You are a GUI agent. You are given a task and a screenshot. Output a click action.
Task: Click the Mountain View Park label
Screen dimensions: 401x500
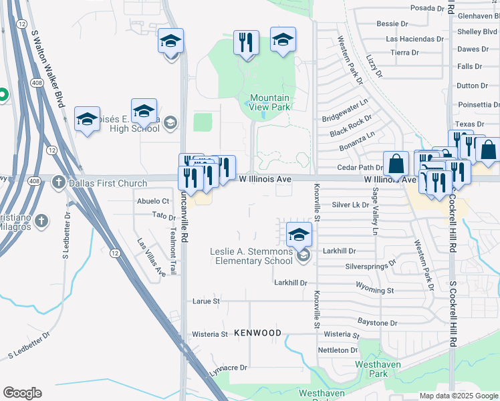click(x=270, y=102)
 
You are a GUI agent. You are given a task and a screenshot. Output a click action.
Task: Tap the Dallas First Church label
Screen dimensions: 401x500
click(x=98, y=182)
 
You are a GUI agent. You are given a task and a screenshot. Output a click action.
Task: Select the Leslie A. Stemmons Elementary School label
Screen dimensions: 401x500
click(x=251, y=256)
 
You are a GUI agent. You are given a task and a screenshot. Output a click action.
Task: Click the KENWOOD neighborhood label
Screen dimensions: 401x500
click(x=258, y=333)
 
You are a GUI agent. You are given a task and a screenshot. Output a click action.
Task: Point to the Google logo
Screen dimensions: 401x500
click(x=22, y=393)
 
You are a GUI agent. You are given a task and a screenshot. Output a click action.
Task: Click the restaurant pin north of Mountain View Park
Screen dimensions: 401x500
click(x=246, y=43)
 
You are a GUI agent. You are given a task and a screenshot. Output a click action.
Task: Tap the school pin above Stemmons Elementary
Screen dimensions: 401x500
click(x=299, y=234)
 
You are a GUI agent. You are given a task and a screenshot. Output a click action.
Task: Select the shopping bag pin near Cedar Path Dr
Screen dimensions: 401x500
click(x=396, y=164)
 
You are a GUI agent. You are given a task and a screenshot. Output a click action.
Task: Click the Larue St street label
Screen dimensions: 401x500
click(x=206, y=301)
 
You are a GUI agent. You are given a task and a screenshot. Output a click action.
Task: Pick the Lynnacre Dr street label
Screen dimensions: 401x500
click(x=229, y=368)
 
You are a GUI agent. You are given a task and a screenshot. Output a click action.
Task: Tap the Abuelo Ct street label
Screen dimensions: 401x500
click(x=152, y=200)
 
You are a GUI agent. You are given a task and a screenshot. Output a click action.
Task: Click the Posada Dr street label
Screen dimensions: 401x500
click(x=427, y=8)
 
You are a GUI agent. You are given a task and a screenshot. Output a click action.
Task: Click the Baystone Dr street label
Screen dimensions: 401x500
click(x=378, y=323)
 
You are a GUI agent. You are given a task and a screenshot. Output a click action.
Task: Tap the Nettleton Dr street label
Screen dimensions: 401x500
click(x=338, y=350)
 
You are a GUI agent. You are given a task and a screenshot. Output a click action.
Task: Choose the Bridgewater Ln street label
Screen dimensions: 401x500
click(x=345, y=112)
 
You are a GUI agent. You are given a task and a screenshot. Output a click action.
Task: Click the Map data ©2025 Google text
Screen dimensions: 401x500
click(x=459, y=396)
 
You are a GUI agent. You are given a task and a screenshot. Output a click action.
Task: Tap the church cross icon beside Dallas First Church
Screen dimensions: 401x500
click(x=59, y=182)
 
